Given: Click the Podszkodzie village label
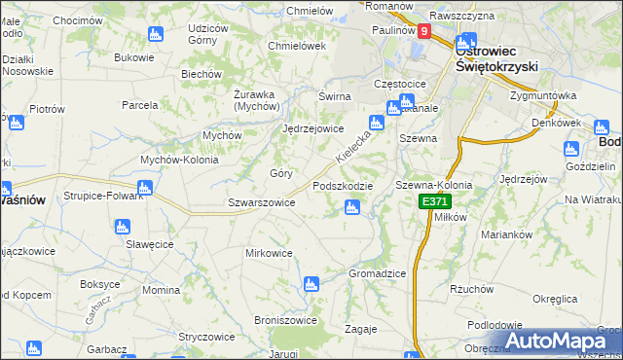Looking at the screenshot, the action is (342, 186).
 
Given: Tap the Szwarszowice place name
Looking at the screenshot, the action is (261, 202).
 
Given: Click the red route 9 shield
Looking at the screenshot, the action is (424, 32).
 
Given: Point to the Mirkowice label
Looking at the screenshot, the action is (269, 253).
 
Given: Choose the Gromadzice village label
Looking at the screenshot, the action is (377, 273).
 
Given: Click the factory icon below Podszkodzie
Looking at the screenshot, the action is (352, 206).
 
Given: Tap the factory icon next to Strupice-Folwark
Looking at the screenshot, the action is (145, 188).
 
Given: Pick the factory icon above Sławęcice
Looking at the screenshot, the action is (122, 228).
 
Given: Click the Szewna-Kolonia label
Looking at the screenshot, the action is (433, 185).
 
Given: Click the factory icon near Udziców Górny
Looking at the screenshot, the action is (155, 35).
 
